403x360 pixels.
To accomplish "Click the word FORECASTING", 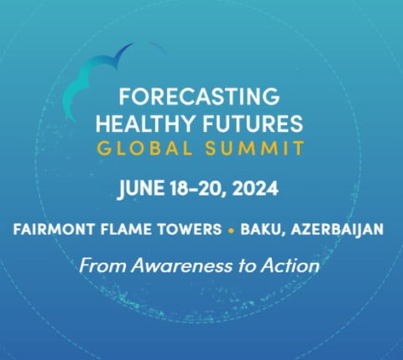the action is coord(199,97).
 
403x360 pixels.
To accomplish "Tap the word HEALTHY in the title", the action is coord(145,123).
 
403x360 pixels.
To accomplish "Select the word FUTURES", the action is coord(253,123).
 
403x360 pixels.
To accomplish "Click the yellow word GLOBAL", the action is coord(145,148).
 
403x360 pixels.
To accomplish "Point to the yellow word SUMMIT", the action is coord(254,148).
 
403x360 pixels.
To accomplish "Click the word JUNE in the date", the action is coord(141,189).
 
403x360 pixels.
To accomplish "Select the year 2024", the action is coord(255,188).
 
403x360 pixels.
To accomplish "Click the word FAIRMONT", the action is coord(54,229).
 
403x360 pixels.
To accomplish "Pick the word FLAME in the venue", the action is coord(126,229).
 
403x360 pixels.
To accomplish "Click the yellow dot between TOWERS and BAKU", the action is coord(231,231).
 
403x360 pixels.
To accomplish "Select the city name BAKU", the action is coord(263,230).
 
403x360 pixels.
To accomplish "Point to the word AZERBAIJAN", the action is coord(338,230).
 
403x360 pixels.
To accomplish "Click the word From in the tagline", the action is coord(102,265).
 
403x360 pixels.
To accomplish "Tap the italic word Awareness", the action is coord(182,265).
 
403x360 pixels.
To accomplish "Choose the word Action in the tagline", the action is coord(290,265).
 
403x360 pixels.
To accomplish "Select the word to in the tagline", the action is coord(247,266).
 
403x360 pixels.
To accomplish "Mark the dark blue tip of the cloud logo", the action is coord(132,44).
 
